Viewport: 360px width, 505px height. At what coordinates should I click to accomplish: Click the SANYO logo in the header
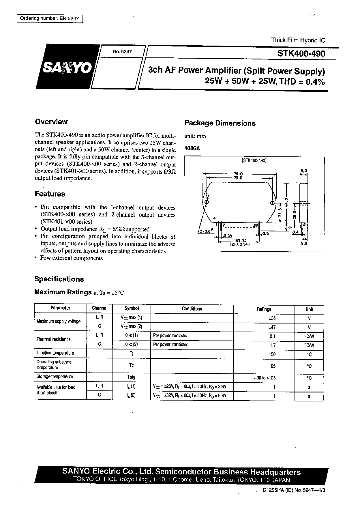[x=67, y=69]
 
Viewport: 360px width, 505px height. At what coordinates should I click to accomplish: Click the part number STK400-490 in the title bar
[x=301, y=54]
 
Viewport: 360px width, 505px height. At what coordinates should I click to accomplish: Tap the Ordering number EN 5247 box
[x=50, y=18]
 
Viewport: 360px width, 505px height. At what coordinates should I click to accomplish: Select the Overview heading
[x=51, y=122]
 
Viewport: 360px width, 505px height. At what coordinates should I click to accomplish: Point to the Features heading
[x=50, y=194]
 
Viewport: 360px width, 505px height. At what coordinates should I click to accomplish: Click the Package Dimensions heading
[x=220, y=123]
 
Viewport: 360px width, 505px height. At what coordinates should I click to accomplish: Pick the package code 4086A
[x=192, y=148]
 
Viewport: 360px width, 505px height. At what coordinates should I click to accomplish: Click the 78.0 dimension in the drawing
[x=238, y=174]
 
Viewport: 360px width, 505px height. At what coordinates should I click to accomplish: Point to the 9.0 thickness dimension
[x=304, y=171]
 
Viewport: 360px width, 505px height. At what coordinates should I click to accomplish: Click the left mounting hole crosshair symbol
[x=207, y=202]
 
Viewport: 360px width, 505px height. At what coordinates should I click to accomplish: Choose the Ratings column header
[x=264, y=309]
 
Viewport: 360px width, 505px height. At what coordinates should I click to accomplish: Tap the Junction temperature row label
[x=55, y=353]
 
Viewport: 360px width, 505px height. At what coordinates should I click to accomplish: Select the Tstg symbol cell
[x=131, y=377]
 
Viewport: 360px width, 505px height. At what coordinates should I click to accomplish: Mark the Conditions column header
[x=192, y=308]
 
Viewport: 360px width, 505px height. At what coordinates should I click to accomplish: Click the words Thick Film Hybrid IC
[x=298, y=40]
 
